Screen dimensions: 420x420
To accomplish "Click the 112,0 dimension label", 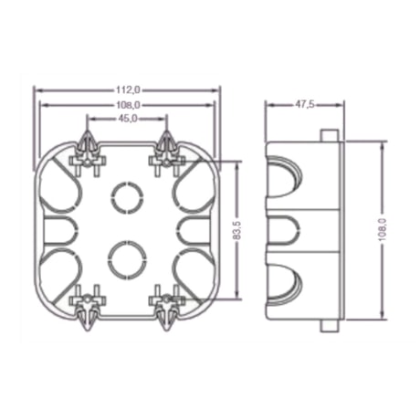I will point(127,90).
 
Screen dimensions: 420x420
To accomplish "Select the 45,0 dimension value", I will point(127,118).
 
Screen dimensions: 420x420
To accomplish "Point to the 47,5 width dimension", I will point(305,105).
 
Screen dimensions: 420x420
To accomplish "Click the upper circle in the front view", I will point(125,194).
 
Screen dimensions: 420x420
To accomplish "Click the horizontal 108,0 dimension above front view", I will point(127,105).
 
